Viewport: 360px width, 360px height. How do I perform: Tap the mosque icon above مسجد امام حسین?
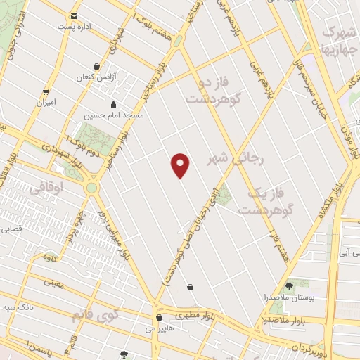[x=124, y=104]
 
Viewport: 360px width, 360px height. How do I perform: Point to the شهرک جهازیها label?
[x=336, y=40]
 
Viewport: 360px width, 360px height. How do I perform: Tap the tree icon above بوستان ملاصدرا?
[x=289, y=286]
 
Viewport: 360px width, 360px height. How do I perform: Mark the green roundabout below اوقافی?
[x=91, y=188]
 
